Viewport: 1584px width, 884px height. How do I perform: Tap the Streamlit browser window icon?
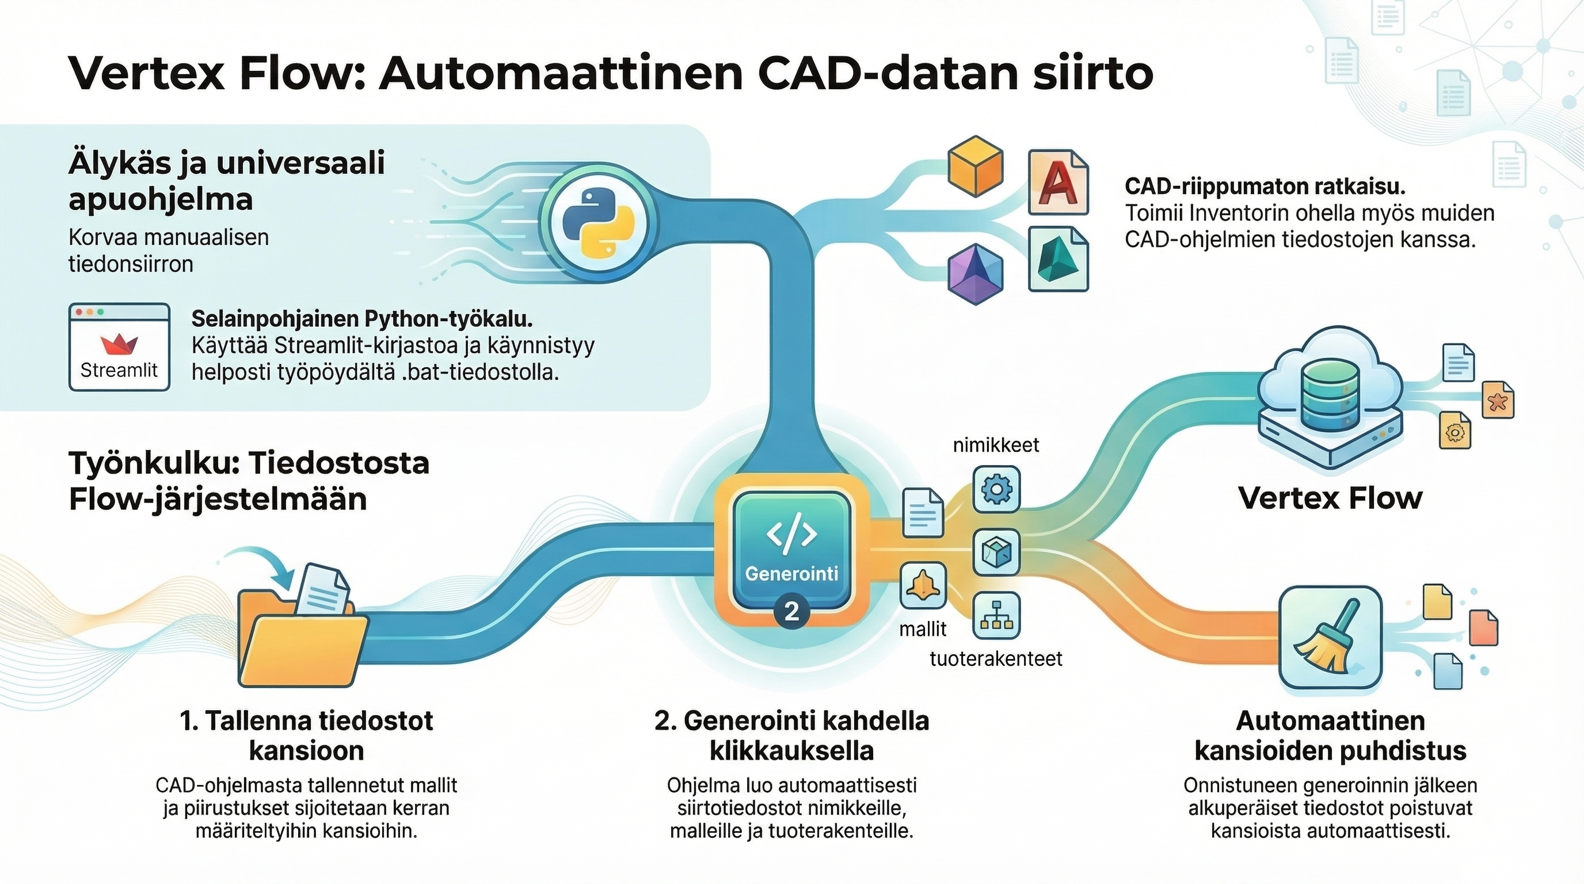119,348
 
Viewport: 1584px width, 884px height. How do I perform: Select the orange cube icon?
975,167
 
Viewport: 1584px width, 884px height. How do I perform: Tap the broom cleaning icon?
1330,637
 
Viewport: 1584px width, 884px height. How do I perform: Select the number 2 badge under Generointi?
791,611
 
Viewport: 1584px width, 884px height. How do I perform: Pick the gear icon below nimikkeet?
996,489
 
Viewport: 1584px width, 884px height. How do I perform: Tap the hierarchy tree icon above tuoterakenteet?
996,615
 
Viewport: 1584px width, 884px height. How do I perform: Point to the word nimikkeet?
996,444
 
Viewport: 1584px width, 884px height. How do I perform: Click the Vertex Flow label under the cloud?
1330,497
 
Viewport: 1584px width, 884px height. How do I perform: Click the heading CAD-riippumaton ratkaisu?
1265,186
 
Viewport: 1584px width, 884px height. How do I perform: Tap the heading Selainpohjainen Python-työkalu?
361,318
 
